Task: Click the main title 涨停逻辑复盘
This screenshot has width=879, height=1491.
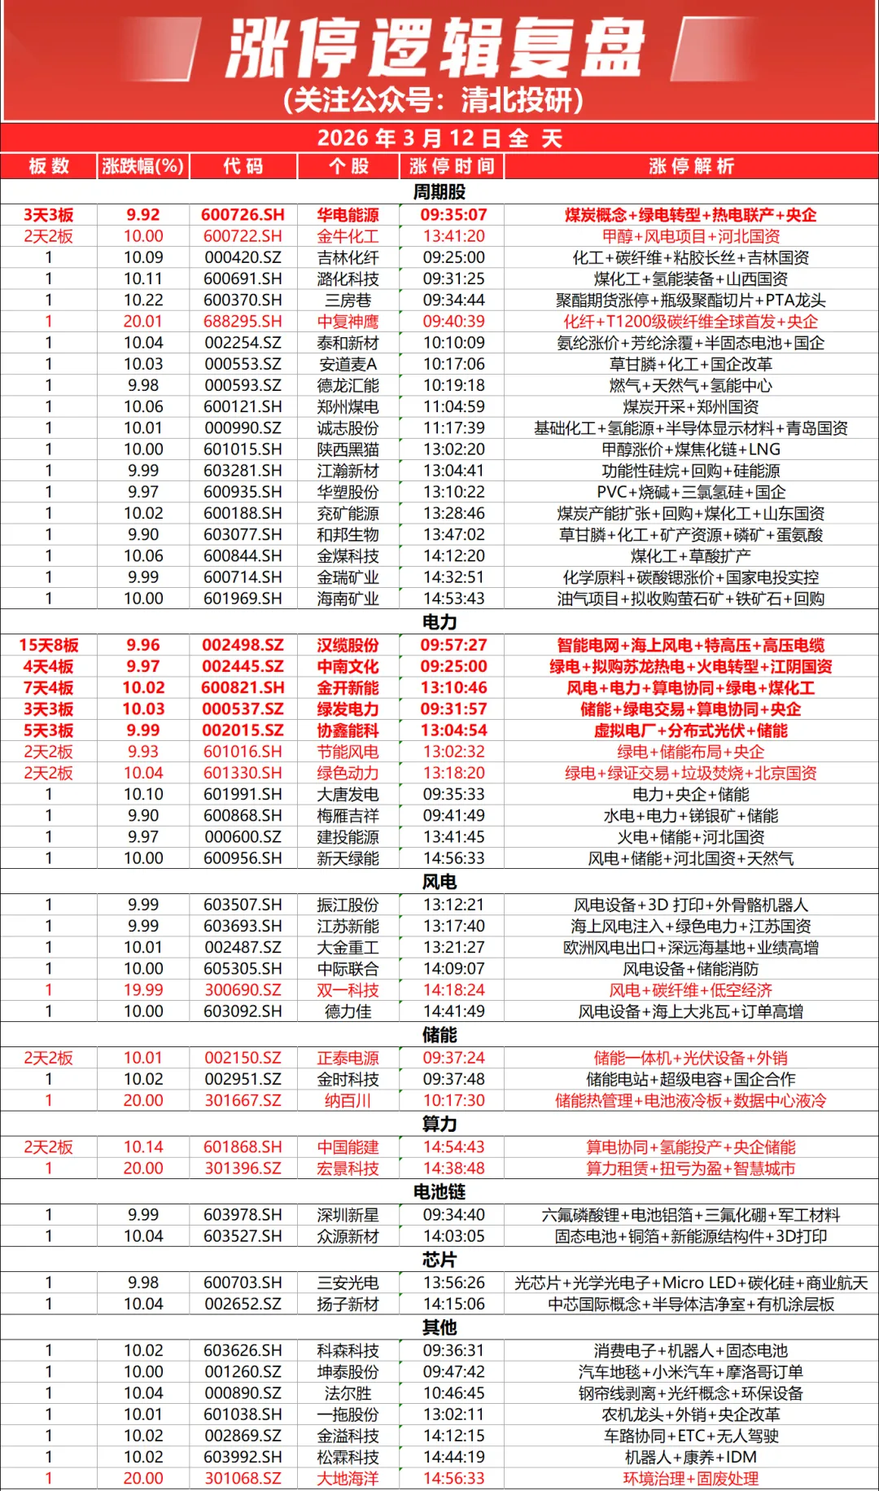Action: (x=436, y=49)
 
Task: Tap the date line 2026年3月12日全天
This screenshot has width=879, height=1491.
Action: (x=439, y=138)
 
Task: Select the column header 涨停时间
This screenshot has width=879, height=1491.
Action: (x=452, y=166)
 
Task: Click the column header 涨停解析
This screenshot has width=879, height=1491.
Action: (x=691, y=166)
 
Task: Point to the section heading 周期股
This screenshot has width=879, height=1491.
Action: (x=439, y=192)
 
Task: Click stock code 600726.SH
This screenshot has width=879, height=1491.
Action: (x=243, y=215)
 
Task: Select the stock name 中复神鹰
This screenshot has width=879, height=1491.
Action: (x=348, y=322)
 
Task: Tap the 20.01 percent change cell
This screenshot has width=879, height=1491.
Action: (x=143, y=322)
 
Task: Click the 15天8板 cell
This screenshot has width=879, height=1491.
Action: (x=49, y=645)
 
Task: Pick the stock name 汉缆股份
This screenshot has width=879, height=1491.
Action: (x=348, y=645)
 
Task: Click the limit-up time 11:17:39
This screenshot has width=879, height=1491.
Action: (x=453, y=428)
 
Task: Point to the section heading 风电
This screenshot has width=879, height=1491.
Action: (x=439, y=882)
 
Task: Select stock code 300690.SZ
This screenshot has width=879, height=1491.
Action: (x=243, y=990)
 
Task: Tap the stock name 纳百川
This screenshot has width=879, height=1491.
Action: (x=348, y=1101)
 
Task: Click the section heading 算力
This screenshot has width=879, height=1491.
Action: (x=439, y=1124)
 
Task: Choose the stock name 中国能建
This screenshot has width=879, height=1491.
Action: (x=348, y=1147)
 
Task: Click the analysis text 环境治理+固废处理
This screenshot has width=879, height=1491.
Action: (x=690, y=1479)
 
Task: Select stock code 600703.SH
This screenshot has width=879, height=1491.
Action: (x=243, y=1283)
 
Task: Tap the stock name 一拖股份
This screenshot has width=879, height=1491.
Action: (x=348, y=1414)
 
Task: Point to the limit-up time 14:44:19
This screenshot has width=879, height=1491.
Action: (x=453, y=1457)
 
